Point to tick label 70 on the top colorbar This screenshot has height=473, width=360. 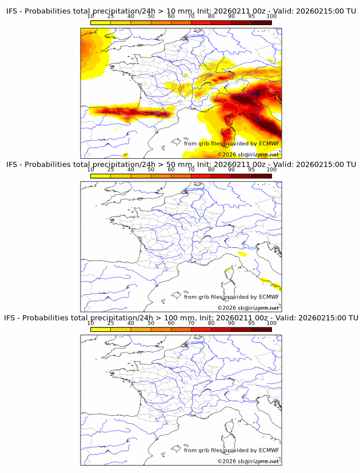point(191,17)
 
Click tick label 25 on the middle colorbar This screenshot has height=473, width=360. point(111,170)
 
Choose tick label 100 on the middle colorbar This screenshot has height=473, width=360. point(271,170)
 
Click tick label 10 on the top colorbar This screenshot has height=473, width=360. point(91,17)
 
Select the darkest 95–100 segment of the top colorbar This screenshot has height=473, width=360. point(261,22)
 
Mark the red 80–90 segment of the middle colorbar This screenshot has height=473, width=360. point(221,175)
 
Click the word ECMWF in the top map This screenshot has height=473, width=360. point(269,143)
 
